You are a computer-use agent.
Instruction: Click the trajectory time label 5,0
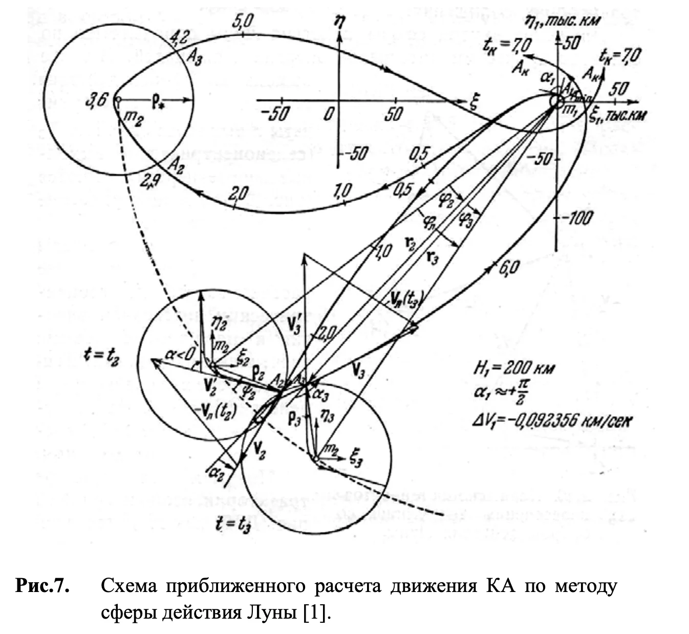tap(242, 22)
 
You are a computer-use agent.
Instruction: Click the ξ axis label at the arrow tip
tap(473, 103)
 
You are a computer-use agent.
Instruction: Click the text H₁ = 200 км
tap(513, 369)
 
